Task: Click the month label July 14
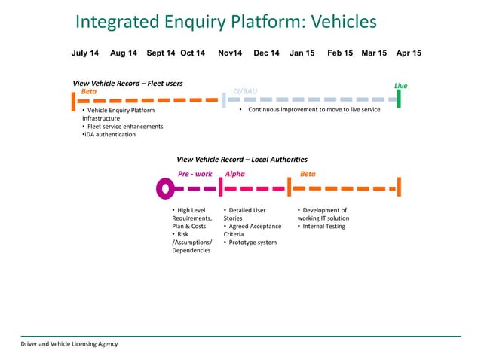[84, 53]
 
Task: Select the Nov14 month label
[230, 53]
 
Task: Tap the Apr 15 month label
[409, 53]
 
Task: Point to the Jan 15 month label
[302, 53]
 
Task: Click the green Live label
[400, 86]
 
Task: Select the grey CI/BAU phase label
[245, 91]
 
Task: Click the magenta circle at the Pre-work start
[164, 188]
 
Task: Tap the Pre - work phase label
[195, 173]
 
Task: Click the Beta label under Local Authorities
[308, 173]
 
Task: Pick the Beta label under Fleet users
[89, 91]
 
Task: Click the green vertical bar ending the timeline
[399, 99]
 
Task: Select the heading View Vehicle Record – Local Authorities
[241, 160]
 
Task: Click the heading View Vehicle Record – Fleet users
[127, 83]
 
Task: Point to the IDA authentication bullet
[109, 135]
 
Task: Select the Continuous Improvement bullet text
[309, 110]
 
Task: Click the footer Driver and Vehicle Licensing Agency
[69, 344]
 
